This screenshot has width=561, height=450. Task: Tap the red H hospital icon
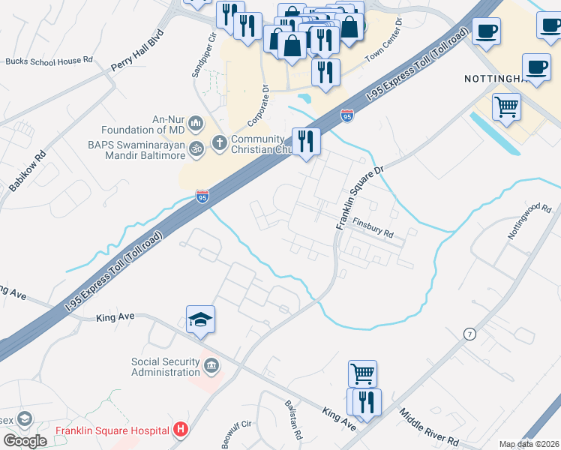(x=180, y=430)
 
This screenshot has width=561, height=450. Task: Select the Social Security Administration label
(x=166, y=367)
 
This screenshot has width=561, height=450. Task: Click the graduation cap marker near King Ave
(x=201, y=320)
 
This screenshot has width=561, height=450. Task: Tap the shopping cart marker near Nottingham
(x=507, y=106)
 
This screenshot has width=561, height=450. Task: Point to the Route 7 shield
(x=469, y=334)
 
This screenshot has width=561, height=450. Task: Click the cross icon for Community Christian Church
(x=220, y=142)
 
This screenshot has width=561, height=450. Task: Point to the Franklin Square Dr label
(x=359, y=198)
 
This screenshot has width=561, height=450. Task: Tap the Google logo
(x=25, y=441)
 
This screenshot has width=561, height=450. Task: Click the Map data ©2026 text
(x=528, y=444)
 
